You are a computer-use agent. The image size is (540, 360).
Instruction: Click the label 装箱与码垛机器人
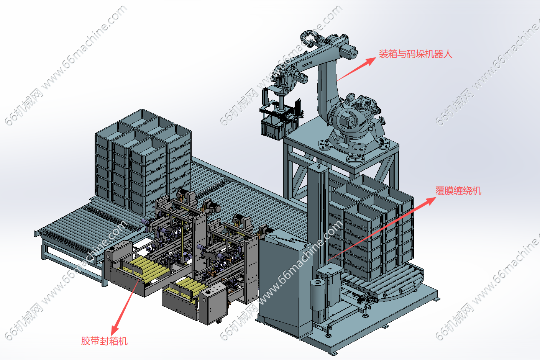point(415,54)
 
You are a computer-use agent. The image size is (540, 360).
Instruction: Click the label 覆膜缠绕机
point(458,191)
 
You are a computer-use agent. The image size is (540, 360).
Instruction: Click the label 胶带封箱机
point(104,341)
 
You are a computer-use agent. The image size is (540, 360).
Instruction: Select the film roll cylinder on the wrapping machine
point(317,295)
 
